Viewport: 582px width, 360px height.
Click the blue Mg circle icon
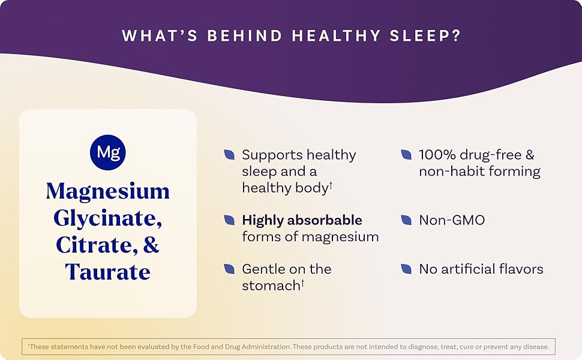point(108,152)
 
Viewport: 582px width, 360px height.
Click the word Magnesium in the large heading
point(108,191)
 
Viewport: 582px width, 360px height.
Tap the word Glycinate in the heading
point(108,218)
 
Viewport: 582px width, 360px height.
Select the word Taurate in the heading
point(108,271)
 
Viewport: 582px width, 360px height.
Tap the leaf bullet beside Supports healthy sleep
point(229,155)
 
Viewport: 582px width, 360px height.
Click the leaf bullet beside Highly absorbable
point(229,220)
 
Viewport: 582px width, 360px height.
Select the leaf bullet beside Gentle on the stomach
point(229,269)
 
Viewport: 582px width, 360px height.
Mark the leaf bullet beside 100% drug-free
point(406,155)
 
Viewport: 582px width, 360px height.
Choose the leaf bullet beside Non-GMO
point(406,220)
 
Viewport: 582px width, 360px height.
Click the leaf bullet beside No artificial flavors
point(406,269)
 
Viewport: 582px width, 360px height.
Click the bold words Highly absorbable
point(302,220)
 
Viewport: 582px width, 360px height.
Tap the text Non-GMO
point(452,220)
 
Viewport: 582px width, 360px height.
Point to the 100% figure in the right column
point(437,155)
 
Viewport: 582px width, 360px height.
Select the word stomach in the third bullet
point(271,286)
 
